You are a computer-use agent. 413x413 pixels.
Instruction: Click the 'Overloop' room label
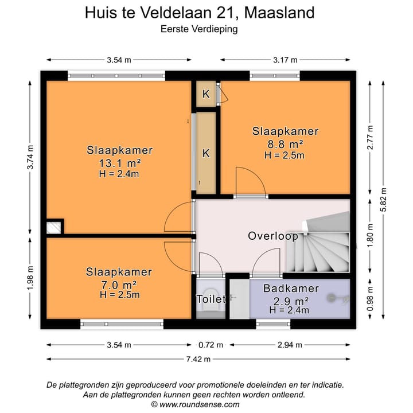(272, 236)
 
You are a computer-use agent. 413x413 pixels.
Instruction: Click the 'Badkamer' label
(286, 289)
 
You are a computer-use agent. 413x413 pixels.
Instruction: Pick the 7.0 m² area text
(119, 284)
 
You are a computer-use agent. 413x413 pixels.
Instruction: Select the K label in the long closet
(205, 153)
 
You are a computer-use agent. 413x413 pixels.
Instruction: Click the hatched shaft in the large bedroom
(53, 228)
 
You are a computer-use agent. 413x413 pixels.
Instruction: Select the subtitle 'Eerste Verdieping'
(200, 27)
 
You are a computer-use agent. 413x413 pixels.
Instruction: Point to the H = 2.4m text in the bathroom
(290, 310)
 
